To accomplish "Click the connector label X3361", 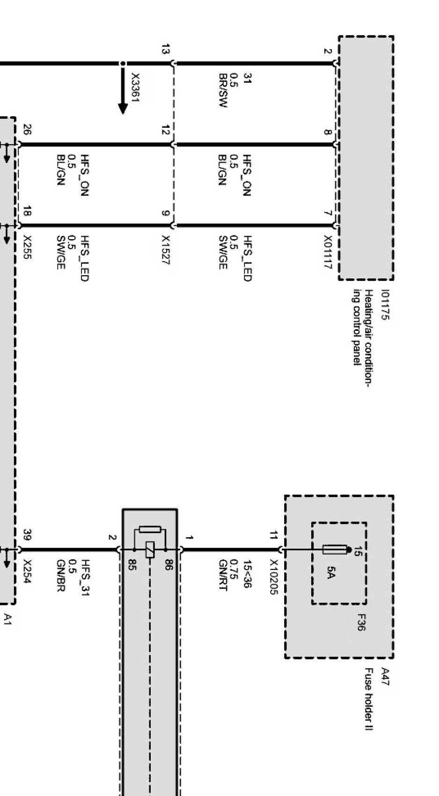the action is pyautogui.click(x=135, y=88).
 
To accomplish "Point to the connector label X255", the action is pyautogui.click(x=27, y=248).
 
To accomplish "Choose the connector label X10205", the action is pyautogui.click(x=274, y=577).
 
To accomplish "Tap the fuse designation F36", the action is pyautogui.click(x=360, y=622).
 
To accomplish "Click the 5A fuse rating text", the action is pyautogui.click(x=330, y=572).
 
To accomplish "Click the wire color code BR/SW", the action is pyautogui.click(x=223, y=90).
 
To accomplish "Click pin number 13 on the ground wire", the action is pyautogui.click(x=165, y=49).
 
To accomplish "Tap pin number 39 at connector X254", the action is pyautogui.click(x=27, y=534).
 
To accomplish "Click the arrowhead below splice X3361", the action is pyautogui.click(x=123, y=109).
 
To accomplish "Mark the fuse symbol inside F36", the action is pyautogui.click(x=335, y=550).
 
